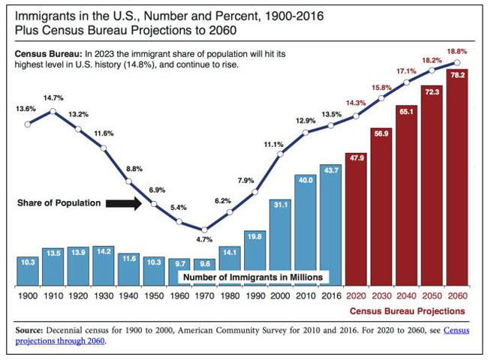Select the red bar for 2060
(x=458, y=180)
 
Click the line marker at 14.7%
(x=53, y=111)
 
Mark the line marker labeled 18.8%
(x=458, y=62)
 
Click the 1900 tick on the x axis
(x=28, y=296)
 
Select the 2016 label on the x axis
(x=331, y=296)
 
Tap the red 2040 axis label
(x=408, y=296)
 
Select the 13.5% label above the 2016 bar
(x=330, y=114)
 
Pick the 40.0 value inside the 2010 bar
(x=306, y=180)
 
